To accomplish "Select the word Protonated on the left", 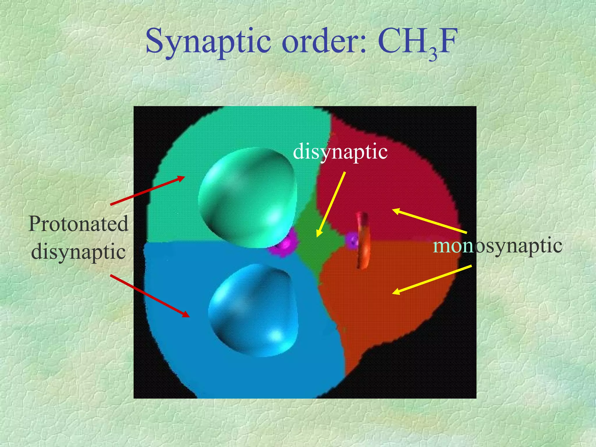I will [78, 224].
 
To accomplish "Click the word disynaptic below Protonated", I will [78, 252].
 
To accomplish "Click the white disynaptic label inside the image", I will [340, 152].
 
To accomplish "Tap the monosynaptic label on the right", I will [498, 246].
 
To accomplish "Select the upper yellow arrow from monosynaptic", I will [430, 221].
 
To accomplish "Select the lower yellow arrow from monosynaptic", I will [432, 280].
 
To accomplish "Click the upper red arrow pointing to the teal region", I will [148, 191].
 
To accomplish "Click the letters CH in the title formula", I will [403, 42].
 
